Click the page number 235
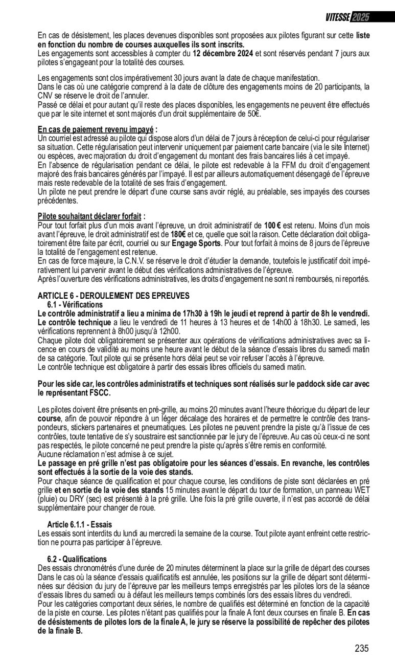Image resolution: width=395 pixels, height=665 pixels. point(361,649)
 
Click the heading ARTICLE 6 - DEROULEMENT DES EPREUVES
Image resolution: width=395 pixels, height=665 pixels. point(113,296)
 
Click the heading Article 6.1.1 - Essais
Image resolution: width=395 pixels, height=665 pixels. point(79,525)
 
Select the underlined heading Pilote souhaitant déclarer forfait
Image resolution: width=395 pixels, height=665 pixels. point(90,216)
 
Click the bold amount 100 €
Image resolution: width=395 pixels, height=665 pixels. point(273,226)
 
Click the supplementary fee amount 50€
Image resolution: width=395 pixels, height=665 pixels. point(254,114)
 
